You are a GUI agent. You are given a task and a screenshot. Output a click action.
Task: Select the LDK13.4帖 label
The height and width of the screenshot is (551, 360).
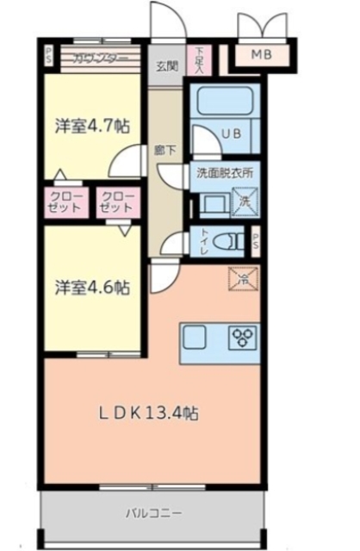[x=147, y=413]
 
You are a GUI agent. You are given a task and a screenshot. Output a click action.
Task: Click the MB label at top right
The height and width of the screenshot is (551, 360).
[x=261, y=56]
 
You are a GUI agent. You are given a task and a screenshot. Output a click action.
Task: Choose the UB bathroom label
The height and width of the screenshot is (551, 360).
[x=231, y=133]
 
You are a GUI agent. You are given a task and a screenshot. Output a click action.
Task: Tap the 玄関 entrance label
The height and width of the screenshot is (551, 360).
[x=166, y=65]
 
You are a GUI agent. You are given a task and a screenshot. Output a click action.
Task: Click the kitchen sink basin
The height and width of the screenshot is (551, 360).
[x=192, y=337]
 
